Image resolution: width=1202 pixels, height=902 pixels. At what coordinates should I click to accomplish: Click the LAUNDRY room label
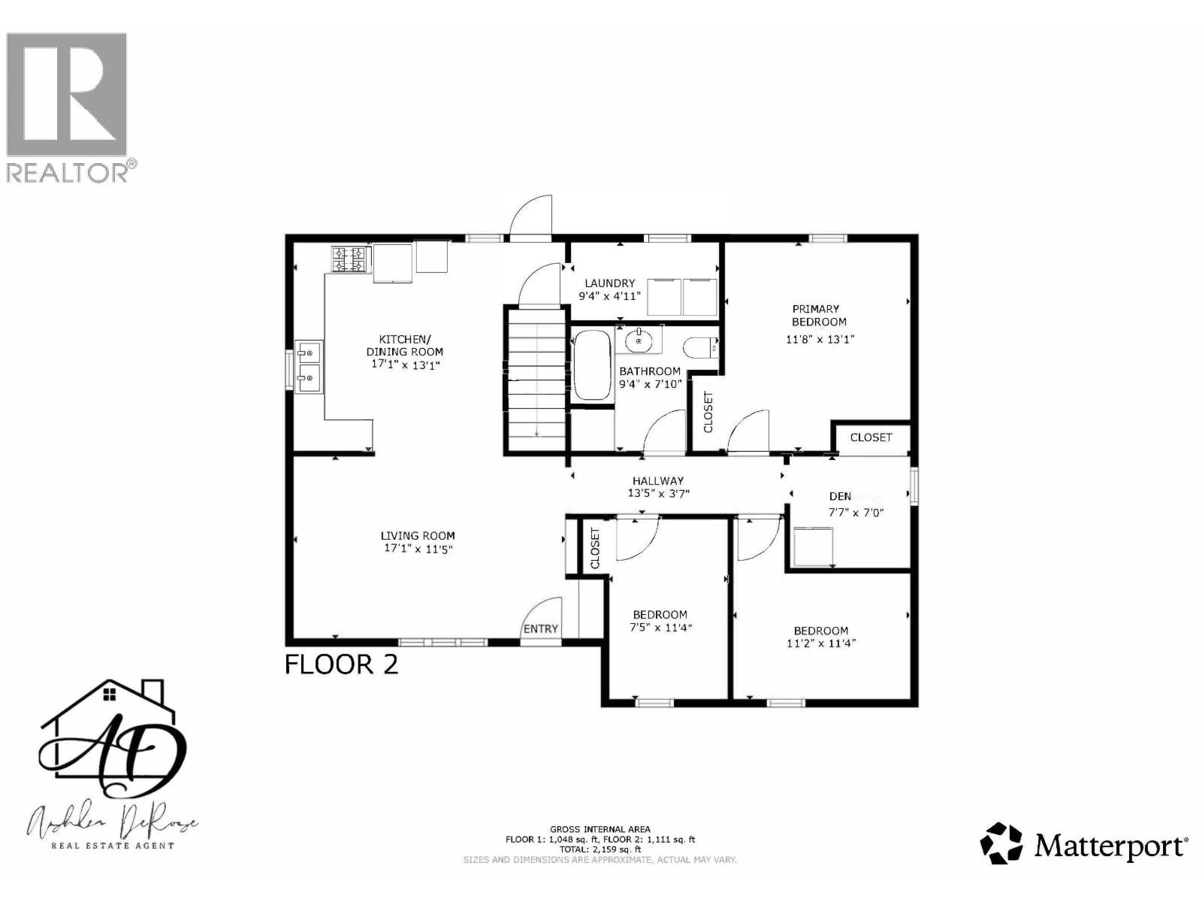609,283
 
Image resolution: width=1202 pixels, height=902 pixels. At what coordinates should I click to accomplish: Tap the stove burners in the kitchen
349,259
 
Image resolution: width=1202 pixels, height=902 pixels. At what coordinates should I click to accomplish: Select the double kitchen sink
309,367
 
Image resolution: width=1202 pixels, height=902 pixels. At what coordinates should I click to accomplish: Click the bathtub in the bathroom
592,365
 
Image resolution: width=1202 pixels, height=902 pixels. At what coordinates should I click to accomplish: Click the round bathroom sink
639,341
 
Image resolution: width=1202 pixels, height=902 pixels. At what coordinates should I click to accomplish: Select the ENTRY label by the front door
540,629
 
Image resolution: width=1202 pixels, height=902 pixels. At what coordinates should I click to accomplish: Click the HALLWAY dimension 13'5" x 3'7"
658,494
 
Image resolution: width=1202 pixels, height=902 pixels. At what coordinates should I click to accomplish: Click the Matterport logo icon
1001,843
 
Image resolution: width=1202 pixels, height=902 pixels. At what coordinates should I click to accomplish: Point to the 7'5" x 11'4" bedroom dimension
660,628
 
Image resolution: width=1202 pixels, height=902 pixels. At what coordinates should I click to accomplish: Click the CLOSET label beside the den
871,437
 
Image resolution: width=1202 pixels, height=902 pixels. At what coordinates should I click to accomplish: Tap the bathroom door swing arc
663,431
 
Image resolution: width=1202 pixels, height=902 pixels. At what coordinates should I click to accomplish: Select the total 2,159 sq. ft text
599,849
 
